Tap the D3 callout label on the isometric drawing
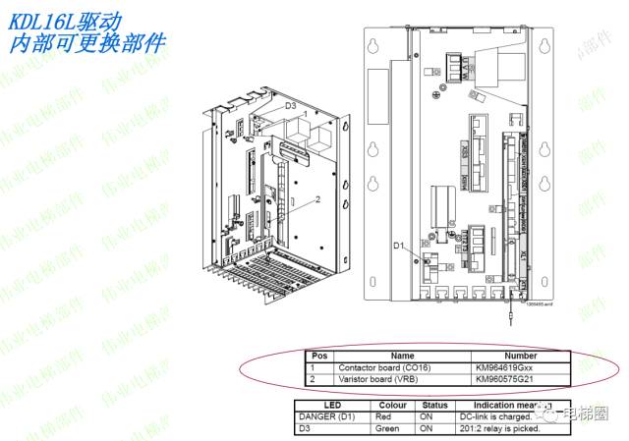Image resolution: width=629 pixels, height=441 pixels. tap(291, 104)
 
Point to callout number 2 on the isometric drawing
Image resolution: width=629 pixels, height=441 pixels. tap(318, 199)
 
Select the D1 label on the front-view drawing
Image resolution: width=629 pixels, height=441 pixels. tap(400, 245)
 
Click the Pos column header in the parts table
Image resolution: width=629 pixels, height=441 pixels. tap(318, 356)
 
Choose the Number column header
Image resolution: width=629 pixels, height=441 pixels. tap(519, 356)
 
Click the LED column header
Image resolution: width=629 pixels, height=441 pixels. tap(332, 405)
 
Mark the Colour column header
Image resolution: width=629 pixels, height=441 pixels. tap(392, 405)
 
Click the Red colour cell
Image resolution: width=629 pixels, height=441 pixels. tap(385, 415)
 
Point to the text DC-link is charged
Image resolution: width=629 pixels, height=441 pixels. tap(493, 415)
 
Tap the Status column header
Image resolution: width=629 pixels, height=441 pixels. tap(433, 405)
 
